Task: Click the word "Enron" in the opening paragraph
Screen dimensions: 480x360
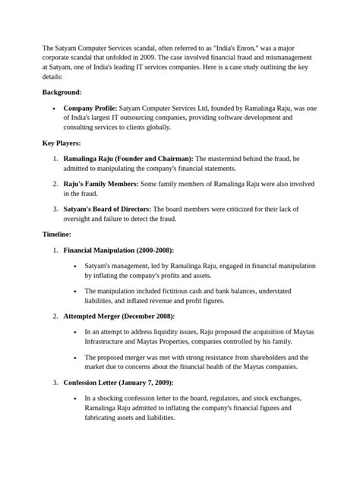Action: [x=247, y=47]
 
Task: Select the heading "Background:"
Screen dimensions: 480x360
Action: [x=62, y=91]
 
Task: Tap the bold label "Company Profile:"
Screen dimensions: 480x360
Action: [x=90, y=109]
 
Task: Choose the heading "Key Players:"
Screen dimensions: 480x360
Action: [x=62, y=143]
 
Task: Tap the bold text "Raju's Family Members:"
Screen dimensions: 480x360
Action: [x=101, y=183]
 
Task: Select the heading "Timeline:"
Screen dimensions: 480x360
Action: [x=57, y=235]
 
